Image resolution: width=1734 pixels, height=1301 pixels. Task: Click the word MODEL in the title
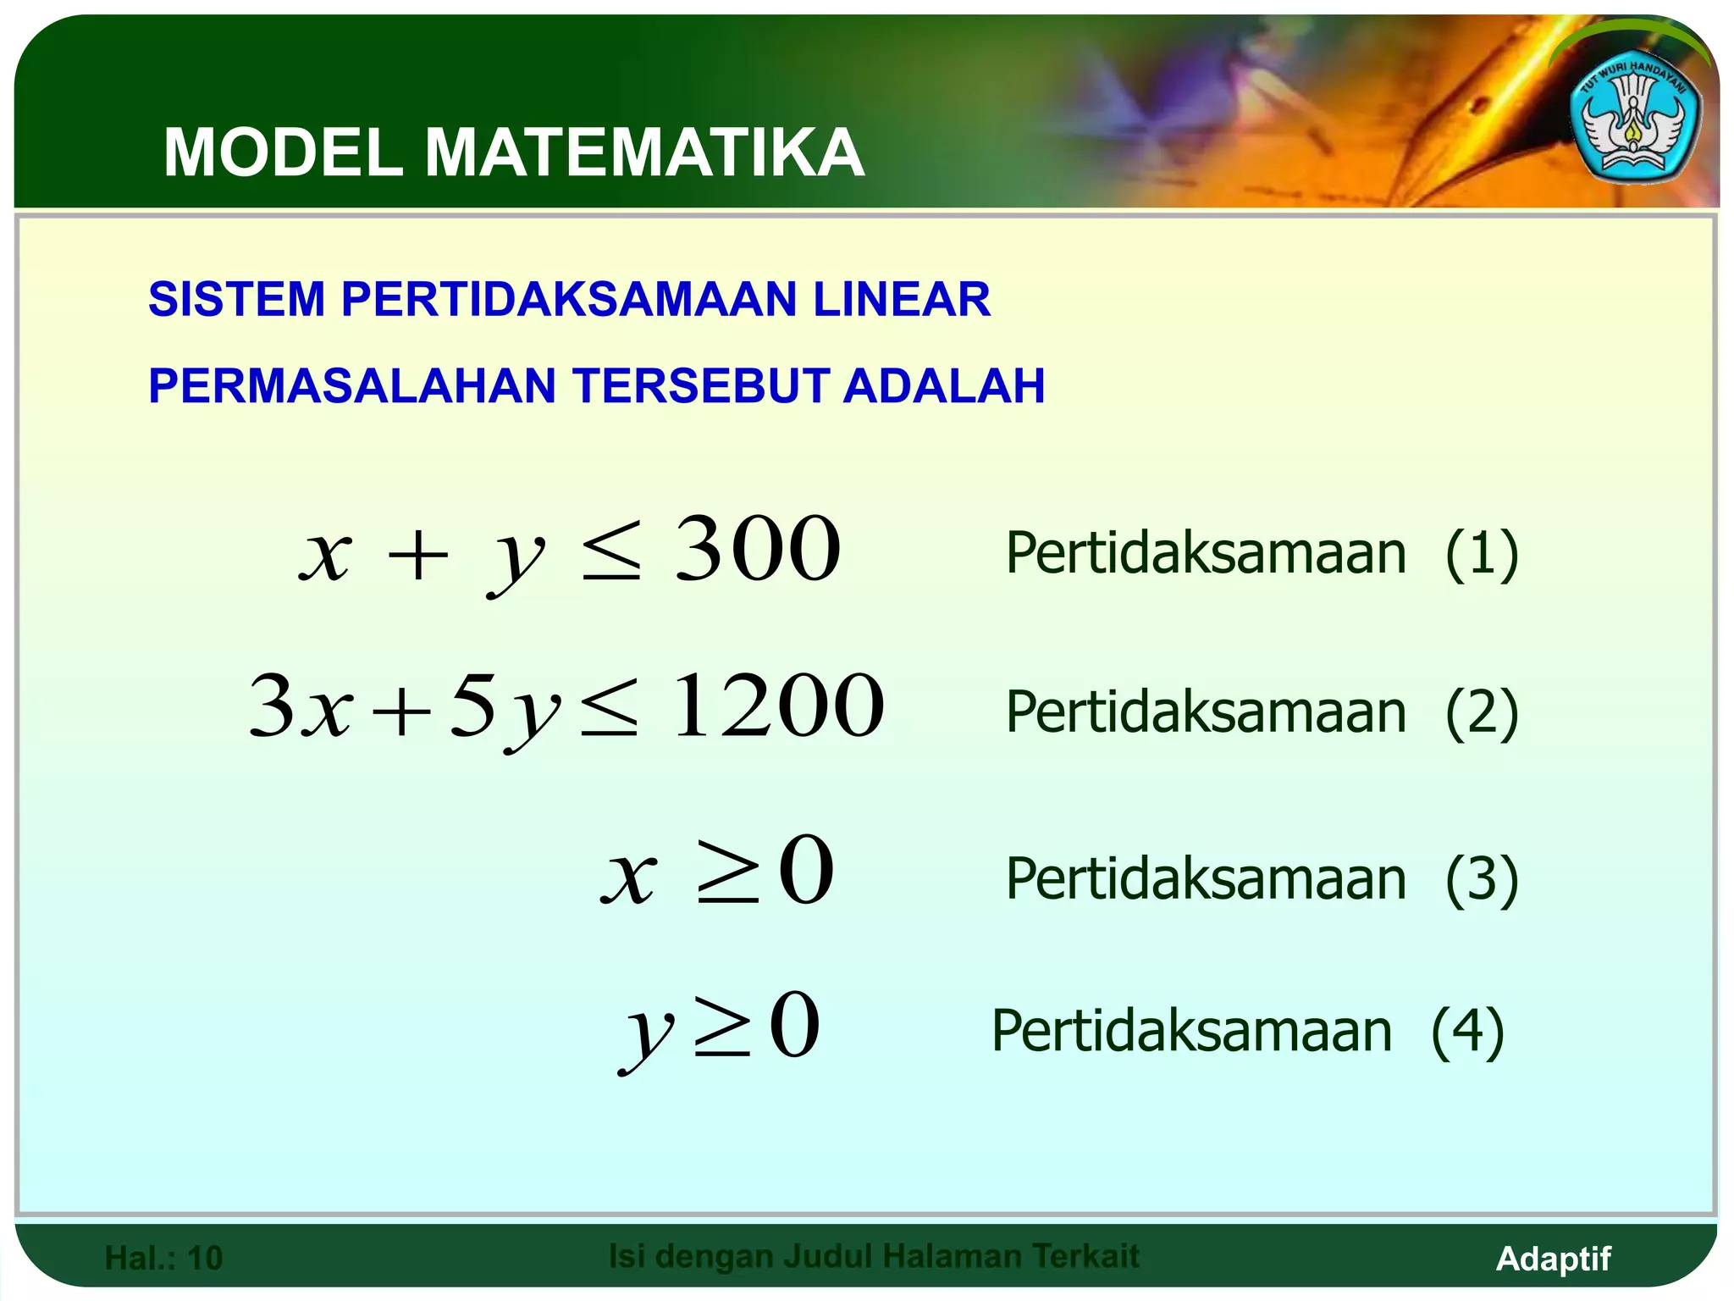point(283,153)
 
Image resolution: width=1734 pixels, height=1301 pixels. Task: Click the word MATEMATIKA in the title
point(643,153)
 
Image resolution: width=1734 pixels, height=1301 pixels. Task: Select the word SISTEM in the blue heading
point(236,299)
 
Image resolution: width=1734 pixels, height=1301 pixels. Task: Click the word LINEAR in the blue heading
point(902,299)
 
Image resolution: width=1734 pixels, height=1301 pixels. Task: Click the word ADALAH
point(944,386)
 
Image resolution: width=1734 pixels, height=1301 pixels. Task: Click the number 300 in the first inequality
point(758,551)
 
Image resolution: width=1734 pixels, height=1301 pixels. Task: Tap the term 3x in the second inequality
point(300,706)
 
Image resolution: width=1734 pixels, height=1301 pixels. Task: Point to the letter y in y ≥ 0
point(647,1029)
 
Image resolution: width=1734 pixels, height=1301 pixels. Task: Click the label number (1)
point(1481,554)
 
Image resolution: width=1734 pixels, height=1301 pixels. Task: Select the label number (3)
point(1481,879)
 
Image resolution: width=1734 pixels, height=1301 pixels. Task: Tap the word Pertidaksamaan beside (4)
point(1191,1032)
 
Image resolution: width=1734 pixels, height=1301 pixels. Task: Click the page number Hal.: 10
point(163,1258)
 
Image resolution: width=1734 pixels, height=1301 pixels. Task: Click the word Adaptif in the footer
point(1553,1259)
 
